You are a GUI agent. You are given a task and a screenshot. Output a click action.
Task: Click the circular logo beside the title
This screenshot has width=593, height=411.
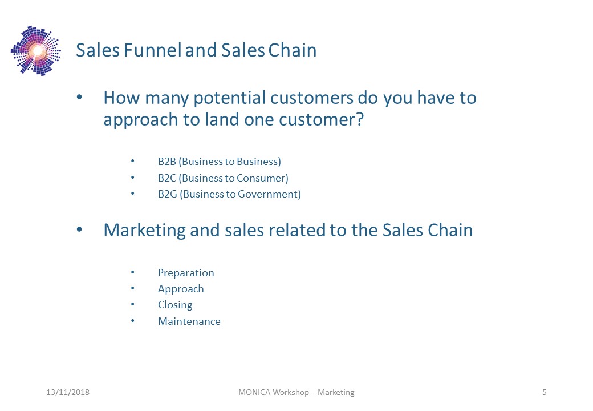point(36,51)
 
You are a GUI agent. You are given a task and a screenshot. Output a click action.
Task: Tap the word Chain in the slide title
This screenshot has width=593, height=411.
point(293,50)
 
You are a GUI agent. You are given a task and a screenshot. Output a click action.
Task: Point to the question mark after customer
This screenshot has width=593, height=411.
point(360,119)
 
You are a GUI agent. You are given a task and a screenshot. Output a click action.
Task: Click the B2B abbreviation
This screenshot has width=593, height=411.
point(167,162)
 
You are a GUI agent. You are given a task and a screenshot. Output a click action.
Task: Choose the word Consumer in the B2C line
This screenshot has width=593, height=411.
point(261,178)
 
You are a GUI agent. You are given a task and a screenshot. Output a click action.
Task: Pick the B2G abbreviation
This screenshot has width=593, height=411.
point(168,194)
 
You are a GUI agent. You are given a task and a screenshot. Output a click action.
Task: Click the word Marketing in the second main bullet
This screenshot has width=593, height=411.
point(144,231)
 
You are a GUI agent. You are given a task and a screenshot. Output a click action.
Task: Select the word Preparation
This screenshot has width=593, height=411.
point(186,273)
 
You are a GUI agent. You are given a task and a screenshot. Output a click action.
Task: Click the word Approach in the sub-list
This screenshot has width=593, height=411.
point(181,289)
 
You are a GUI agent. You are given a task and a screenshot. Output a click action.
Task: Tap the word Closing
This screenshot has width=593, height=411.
point(175,305)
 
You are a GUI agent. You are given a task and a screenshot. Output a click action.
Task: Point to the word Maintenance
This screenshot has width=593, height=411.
point(189,321)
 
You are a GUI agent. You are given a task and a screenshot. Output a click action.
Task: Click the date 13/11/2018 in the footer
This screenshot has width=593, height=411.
point(68,392)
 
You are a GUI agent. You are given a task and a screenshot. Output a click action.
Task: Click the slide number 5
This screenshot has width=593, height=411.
point(544,392)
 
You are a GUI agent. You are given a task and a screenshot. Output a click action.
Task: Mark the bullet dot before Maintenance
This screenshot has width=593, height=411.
point(133,321)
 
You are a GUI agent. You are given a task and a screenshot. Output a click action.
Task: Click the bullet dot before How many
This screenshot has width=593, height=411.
point(79,97)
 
